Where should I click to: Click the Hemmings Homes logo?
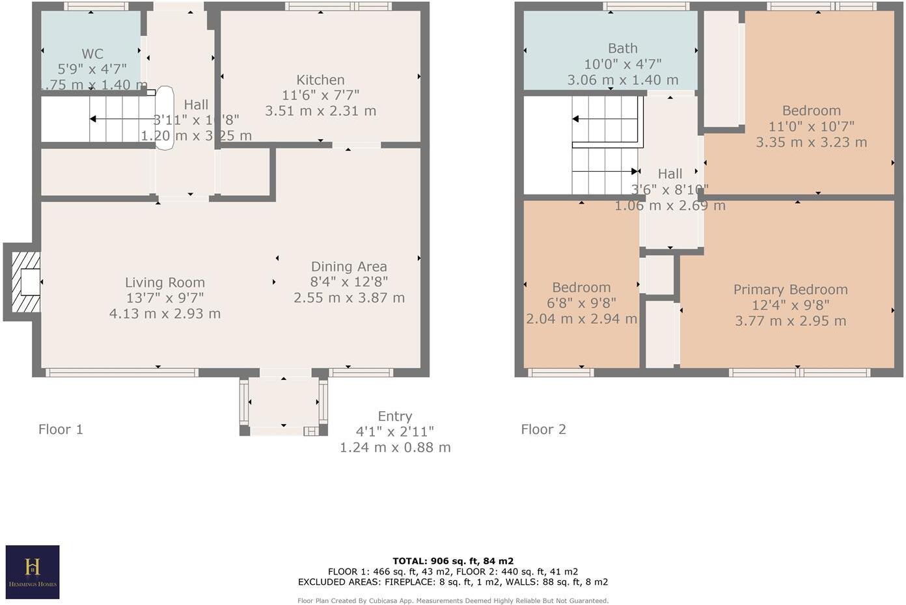coord(33,572)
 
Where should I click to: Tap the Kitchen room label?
coord(320,80)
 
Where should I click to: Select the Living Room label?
coord(165,282)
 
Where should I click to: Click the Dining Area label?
coord(349,267)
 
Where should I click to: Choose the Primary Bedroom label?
coord(790,289)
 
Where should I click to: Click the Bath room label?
coord(622,48)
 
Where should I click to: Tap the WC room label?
coord(92,54)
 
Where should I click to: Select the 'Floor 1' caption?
coord(61,429)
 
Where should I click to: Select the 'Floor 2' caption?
coord(543,429)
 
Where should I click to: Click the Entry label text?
coord(394,416)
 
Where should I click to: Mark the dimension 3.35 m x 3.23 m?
coord(811,142)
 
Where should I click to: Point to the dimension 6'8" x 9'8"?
coord(581,303)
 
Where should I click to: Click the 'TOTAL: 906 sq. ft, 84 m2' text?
coord(453,561)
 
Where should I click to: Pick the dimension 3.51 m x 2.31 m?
coord(320,111)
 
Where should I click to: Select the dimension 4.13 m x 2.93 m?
coord(165,314)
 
